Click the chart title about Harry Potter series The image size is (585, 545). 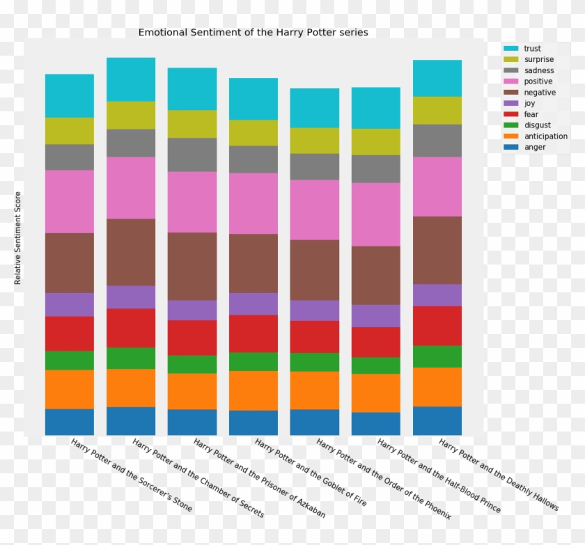253,32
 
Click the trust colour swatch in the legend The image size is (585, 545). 511,49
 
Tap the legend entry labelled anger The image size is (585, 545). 535,147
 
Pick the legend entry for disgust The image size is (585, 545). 536,125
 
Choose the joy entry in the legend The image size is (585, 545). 530,103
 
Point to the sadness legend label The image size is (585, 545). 538,70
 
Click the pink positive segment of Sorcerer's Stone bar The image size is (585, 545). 70,201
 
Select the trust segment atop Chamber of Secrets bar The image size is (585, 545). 131,79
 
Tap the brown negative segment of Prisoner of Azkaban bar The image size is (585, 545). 192,266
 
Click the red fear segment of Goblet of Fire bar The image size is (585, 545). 253,333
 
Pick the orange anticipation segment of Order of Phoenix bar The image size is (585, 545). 315,390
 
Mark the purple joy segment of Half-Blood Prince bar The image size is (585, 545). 376,316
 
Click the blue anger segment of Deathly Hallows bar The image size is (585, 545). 437,420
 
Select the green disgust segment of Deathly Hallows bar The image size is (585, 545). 437,356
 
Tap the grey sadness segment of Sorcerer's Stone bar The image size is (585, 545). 70,157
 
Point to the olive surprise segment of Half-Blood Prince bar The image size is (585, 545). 376,142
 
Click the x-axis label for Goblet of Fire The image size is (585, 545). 310,472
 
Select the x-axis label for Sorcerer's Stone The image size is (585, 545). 131,475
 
